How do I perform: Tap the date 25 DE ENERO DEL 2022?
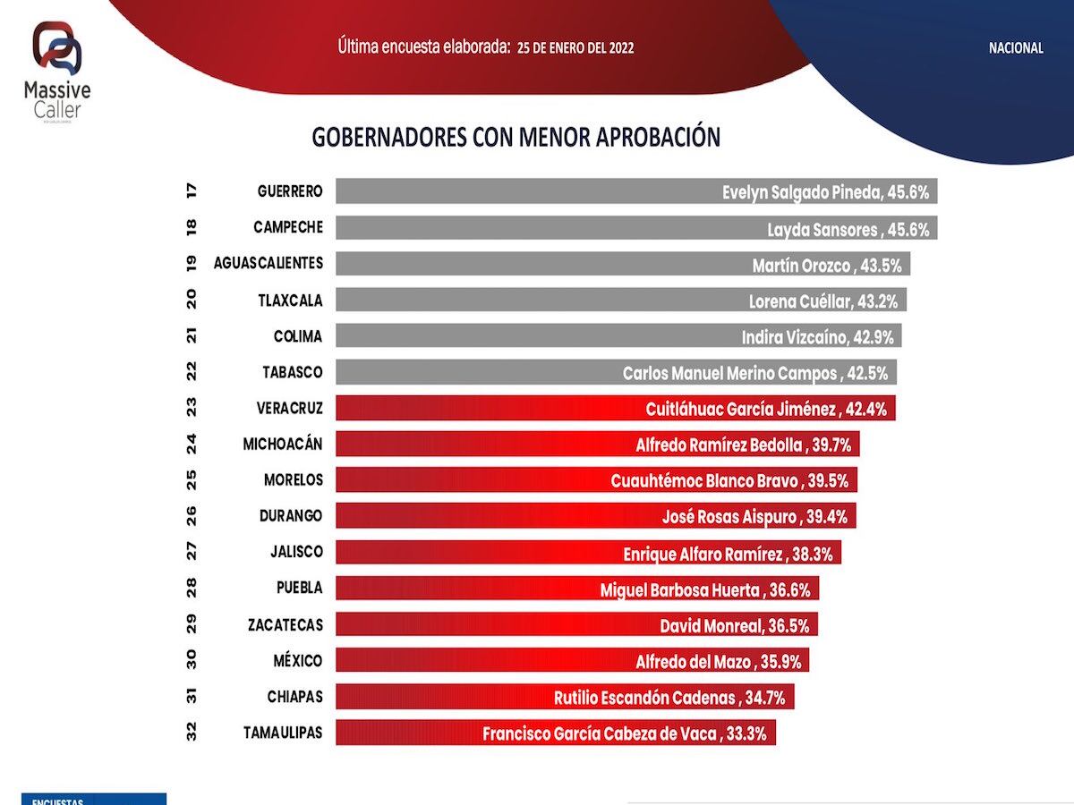[575, 47]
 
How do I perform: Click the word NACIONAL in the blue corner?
[1016, 48]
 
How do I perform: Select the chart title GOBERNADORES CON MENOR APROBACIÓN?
[516, 137]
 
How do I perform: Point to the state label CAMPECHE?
[287, 227]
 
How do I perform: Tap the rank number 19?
[192, 263]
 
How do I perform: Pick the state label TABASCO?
[293, 372]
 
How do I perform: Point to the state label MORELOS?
[293, 479]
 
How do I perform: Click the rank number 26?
[192, 516]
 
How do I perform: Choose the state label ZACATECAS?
[285, 624]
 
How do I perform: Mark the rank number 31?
[192, 697]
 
